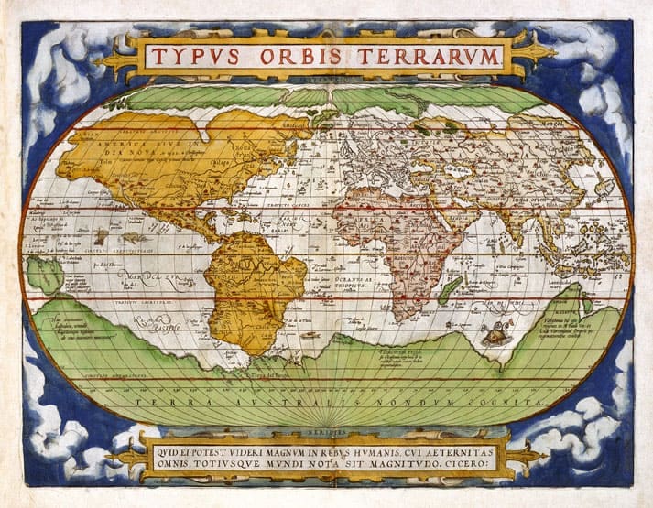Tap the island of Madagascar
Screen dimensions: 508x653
coord(450,290)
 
